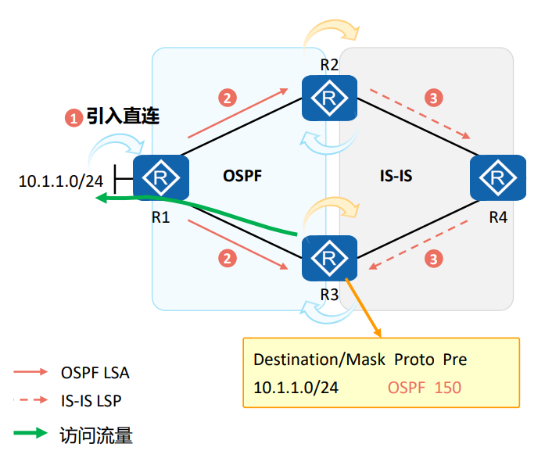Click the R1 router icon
click(162, 177)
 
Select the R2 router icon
click(329, 99)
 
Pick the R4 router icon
click(497, 177)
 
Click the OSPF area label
click(241, 177)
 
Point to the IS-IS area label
click(390, 177)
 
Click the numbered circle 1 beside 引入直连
click(73, 119)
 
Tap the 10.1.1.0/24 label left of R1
click(61, 181)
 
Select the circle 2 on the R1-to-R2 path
click(227, 98)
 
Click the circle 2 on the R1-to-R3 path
click(227, 257)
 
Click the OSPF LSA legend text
click(95, 373)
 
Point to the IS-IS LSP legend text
click(91, 401)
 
